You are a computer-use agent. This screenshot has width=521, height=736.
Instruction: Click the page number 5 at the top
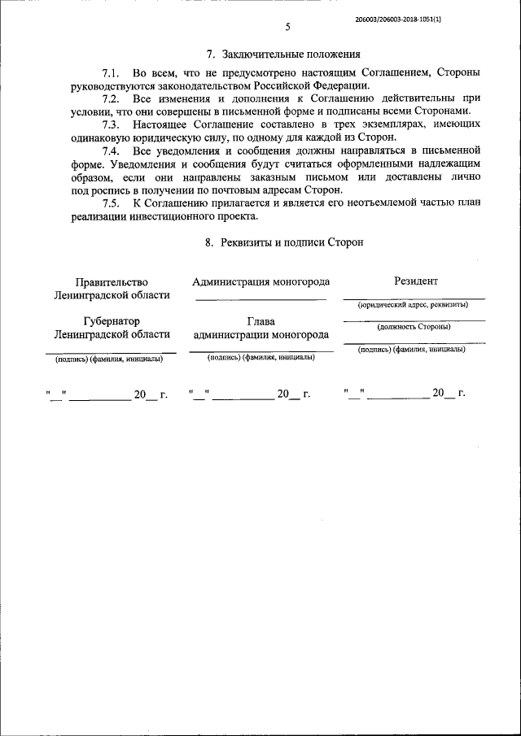tap(287, 28)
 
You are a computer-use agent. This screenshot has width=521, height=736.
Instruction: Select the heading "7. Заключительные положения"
tap(283, 55)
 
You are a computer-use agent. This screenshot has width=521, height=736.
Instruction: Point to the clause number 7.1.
tap(112, 74)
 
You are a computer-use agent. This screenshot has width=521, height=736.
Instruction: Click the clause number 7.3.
tap(112, 124)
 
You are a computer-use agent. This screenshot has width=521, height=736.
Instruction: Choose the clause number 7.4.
tap(112, 152)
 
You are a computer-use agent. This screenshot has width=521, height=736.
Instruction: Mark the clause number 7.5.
tap(112, 203)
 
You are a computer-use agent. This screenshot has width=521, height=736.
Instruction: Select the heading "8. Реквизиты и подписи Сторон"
tap(283, 242)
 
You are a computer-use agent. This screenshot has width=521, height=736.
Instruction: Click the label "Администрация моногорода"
tap(260, 282)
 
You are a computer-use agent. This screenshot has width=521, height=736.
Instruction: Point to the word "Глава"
tap(260, 322)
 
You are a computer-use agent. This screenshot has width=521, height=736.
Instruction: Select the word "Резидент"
tap(415, 281)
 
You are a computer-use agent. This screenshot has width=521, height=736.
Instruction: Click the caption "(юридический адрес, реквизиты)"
tap(414, 304)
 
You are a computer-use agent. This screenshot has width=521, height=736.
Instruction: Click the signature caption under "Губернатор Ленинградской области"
tap(109, 359)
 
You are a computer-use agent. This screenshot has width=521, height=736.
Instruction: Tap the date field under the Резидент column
tap(405, 394)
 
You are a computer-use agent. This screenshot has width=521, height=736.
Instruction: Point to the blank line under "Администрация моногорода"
tap(260, 299)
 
